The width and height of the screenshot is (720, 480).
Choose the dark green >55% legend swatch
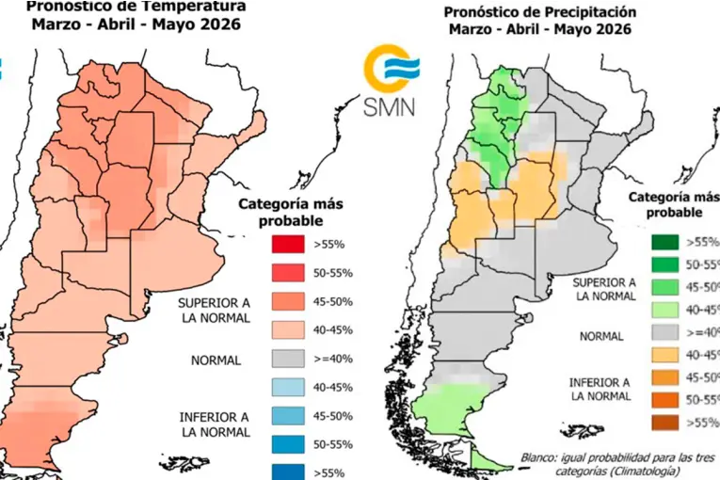(x=665, y=242)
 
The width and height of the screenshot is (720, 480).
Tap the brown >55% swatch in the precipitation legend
(x=665, y=422)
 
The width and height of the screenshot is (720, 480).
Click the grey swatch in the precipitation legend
(x=665, y=331)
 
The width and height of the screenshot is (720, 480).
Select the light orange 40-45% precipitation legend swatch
(x=665, y=354)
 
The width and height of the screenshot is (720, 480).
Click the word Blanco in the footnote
(x=541, y=459)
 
